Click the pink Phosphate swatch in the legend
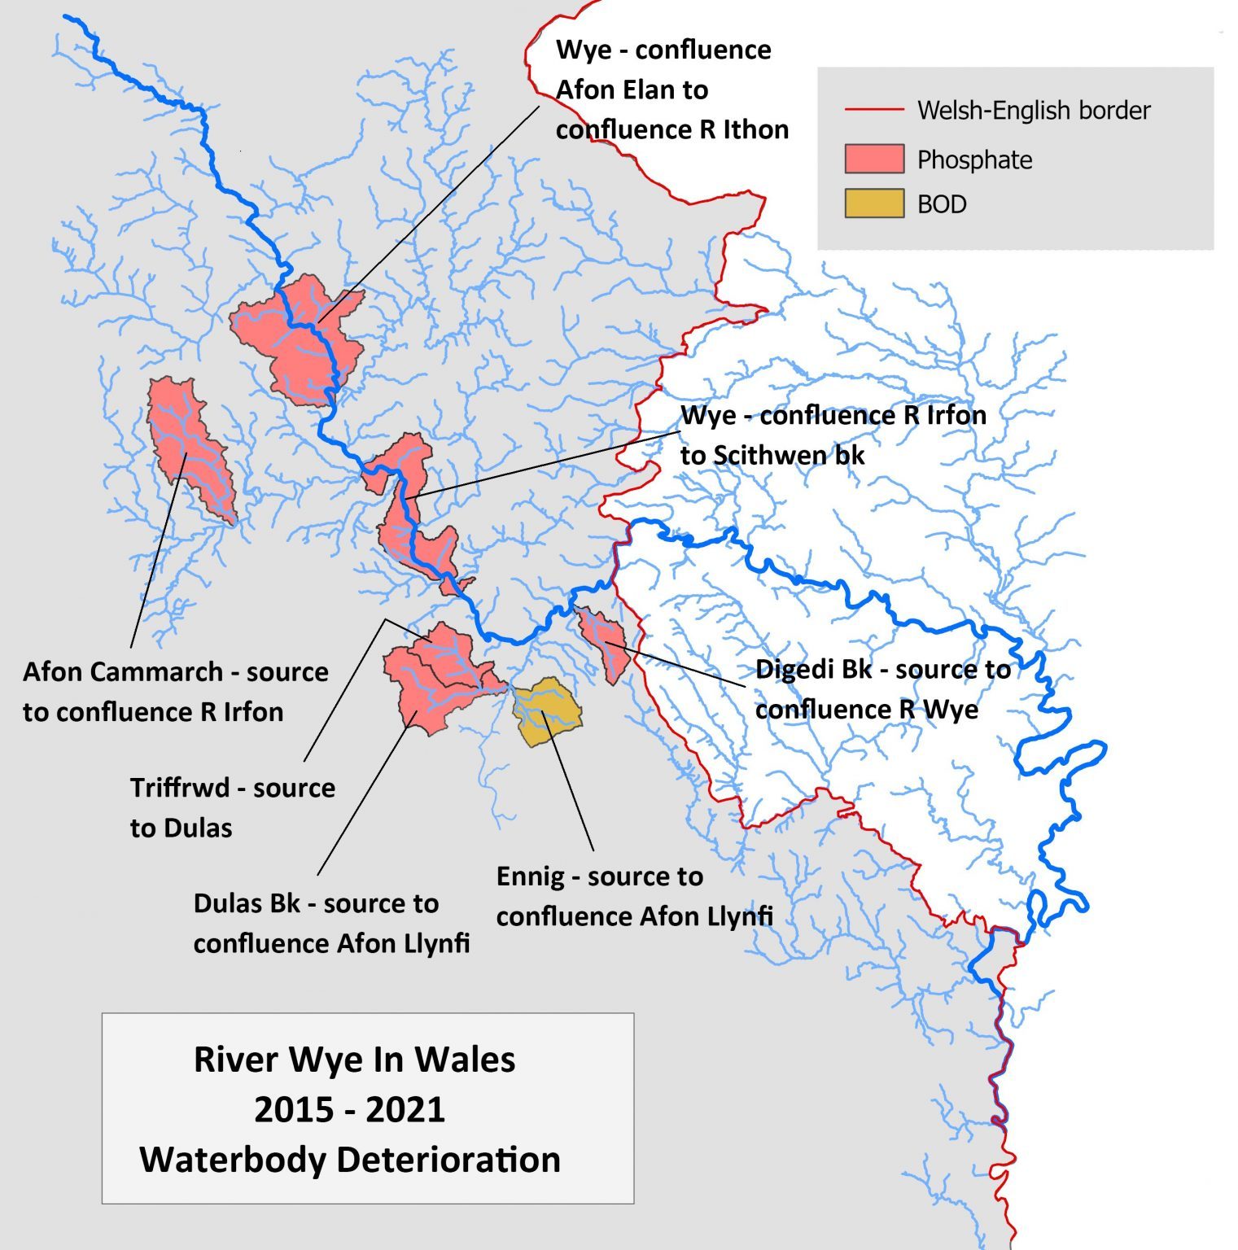874,159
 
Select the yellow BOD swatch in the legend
874,203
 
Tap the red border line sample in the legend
874,109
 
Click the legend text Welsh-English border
1033,110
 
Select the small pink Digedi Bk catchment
606,640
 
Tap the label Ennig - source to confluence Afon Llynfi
633,896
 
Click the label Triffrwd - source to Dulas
232,807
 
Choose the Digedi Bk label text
882,688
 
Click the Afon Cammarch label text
175,692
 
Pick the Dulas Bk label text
330,923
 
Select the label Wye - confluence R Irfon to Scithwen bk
832,435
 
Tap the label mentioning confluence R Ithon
671,90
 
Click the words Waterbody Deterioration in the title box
350,1159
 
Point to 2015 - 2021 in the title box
350,1109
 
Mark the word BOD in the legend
942,204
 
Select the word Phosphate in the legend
974,160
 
